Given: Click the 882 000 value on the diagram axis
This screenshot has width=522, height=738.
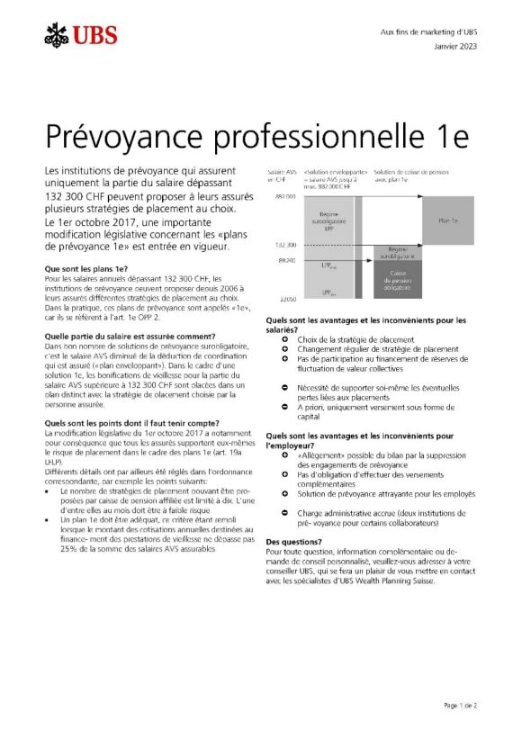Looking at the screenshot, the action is (x=285, y=196).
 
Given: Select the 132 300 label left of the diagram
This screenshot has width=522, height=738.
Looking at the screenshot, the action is (x=285, y=244).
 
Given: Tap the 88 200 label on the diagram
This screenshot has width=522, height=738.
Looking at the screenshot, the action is (x=286, y=260).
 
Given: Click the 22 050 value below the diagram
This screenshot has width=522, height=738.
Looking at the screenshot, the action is (x=286, y=297).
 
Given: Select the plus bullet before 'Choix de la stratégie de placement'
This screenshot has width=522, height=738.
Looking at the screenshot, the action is (x=284, y=339).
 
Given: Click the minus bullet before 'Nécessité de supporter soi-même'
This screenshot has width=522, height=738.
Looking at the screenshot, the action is (x=284, y=384).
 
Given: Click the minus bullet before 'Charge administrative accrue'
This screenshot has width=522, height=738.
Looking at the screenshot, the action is (x=284, y=513).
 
